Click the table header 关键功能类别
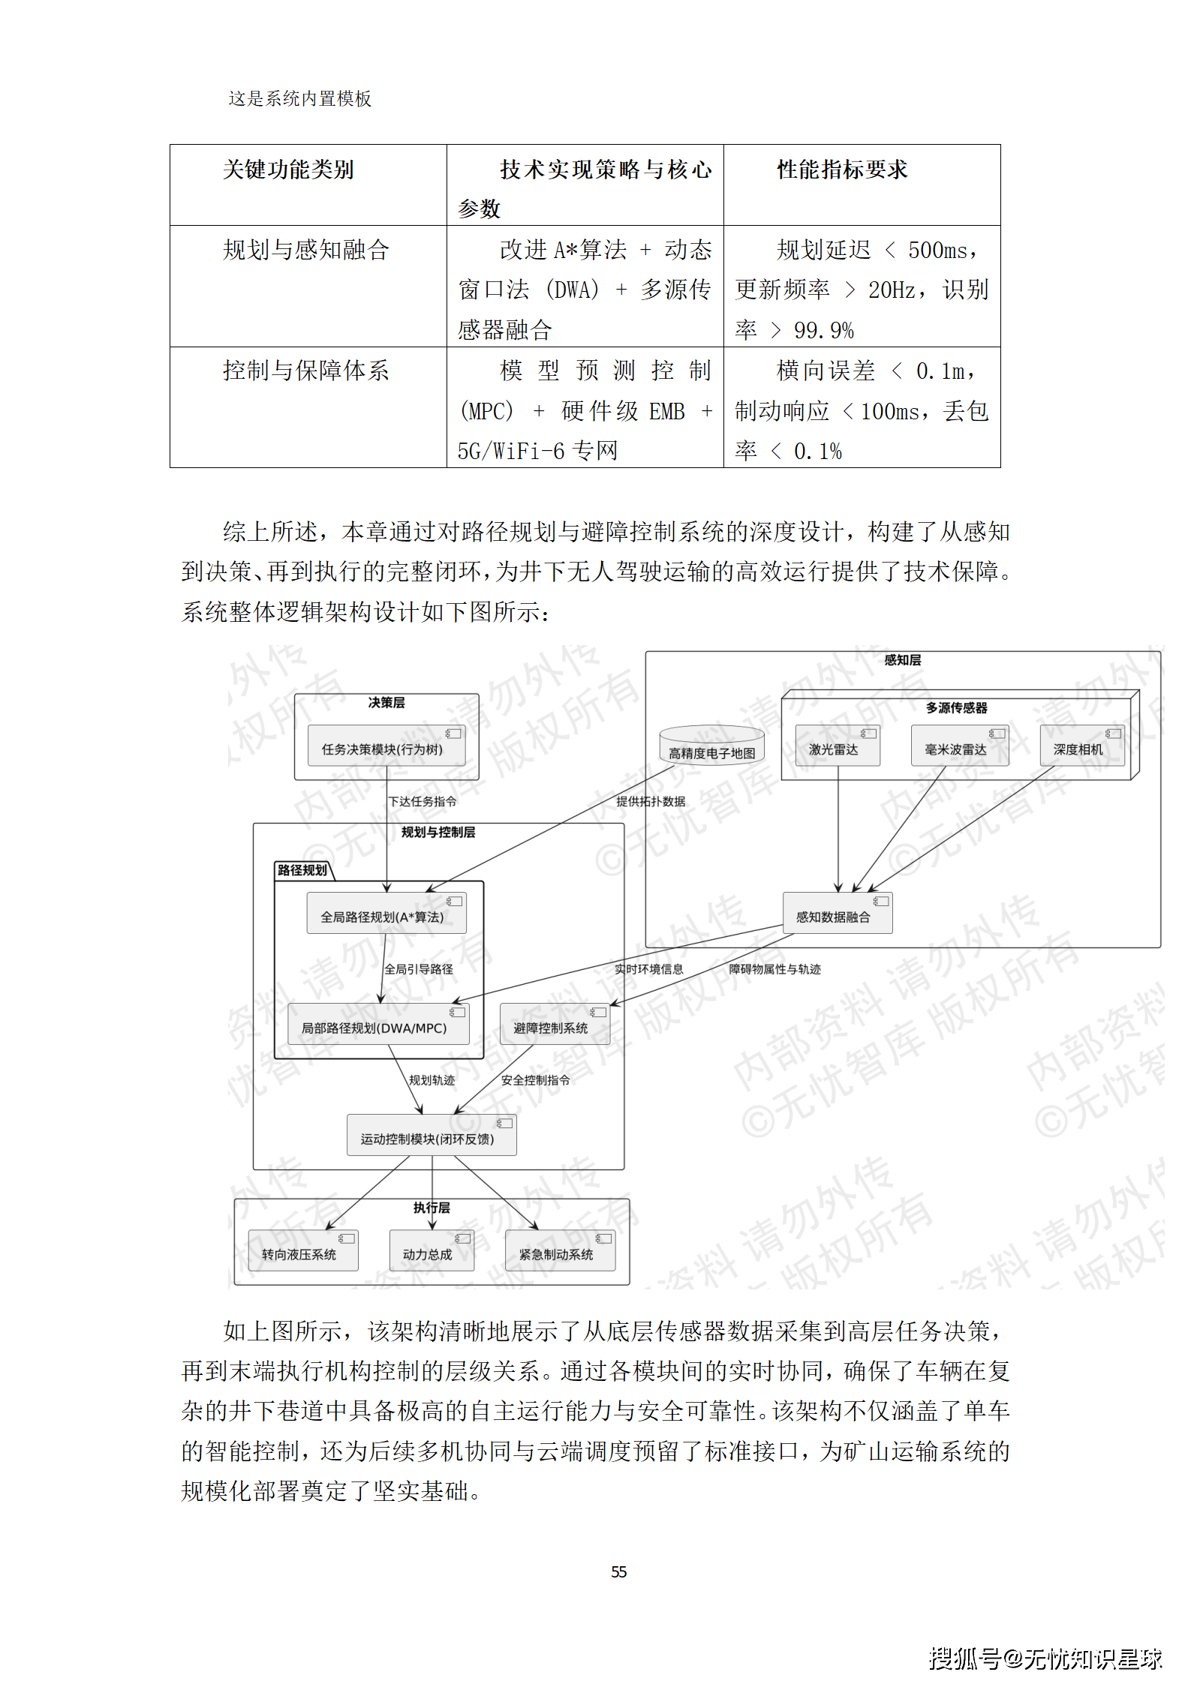coord(288,170)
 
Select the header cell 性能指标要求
coord(842,170)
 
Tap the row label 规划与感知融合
coord(305,250)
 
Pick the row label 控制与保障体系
coord(305,371)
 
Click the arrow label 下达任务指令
coord(422,802)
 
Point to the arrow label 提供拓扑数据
coord(651,802)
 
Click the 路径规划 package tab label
coord(302,870)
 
